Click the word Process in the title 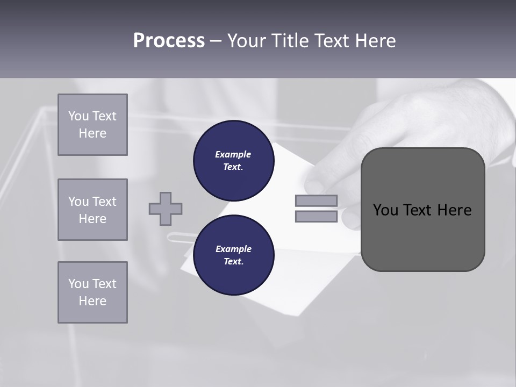pyautogui.click(x=169, y=41)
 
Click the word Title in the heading pyautogui.click(x=291, y=41)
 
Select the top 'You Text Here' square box pyautogui.click(x=92, y=125)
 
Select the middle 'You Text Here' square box pyautogui.click(x=92, y=210)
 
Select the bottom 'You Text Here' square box pyautogui.click(x=92, y=292)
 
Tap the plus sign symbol pyautogui.click(x=166, y=209)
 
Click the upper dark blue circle pyautogui.click(x=233, y=160)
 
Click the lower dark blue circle pyautogui.click(x=233, y=255)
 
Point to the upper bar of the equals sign pyautogui.click(x=316, y=200)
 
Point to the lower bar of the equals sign pyautogui.click(x=316, y=216)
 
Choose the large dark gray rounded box pyautogui.click(x=422, y=236)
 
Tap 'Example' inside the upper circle pyautogui.click(x=233, y=154)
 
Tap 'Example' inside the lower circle pyautogui.click(x=233, y=249)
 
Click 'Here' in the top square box pyautogui.click(x=92, y=133)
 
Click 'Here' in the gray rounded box pyautogui.click(x=454, y=210)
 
